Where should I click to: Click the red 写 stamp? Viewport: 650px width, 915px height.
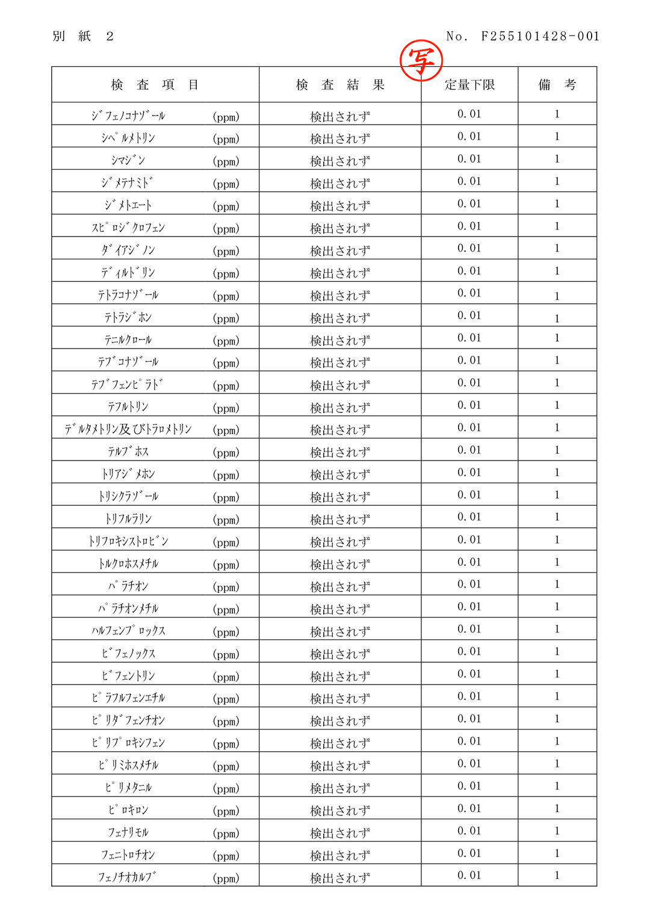(x=421, y=60)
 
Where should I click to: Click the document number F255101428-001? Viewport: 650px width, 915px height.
(x=540, y=36)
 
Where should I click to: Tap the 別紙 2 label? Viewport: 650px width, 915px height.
(x=83, y=36)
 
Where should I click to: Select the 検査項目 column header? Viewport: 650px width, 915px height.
(x=155, y=85)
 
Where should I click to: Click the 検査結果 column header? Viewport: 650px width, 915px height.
(x=340, y=85)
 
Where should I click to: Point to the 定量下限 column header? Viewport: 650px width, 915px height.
(x=469, y=85)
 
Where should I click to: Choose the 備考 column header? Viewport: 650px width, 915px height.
(x=557, y=85)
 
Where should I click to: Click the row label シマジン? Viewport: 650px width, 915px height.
(x=128, y=160)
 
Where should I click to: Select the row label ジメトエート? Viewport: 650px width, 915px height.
(x=128, y=205)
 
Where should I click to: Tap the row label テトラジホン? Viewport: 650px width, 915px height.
(x=128, y=317)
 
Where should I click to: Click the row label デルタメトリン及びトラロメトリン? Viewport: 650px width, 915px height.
(x=128, y=429)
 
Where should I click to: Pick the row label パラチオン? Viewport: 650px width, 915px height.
(x=128, y=586)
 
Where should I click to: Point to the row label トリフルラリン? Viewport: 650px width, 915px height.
(x=128, y=519)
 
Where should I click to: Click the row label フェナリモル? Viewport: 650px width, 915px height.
(x=128, y=833)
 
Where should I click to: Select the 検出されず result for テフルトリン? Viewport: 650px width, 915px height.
(x=340, y=408)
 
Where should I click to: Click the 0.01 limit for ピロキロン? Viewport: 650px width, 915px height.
(x=469, y=808)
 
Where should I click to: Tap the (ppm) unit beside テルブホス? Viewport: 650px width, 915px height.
(x=226, y=453)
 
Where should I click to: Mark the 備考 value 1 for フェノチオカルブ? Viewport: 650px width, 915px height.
(x=557, y=876)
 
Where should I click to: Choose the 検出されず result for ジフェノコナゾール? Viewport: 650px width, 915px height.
(x=340, y=116)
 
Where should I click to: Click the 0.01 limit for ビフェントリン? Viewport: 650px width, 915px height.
(x=469, y=674)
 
